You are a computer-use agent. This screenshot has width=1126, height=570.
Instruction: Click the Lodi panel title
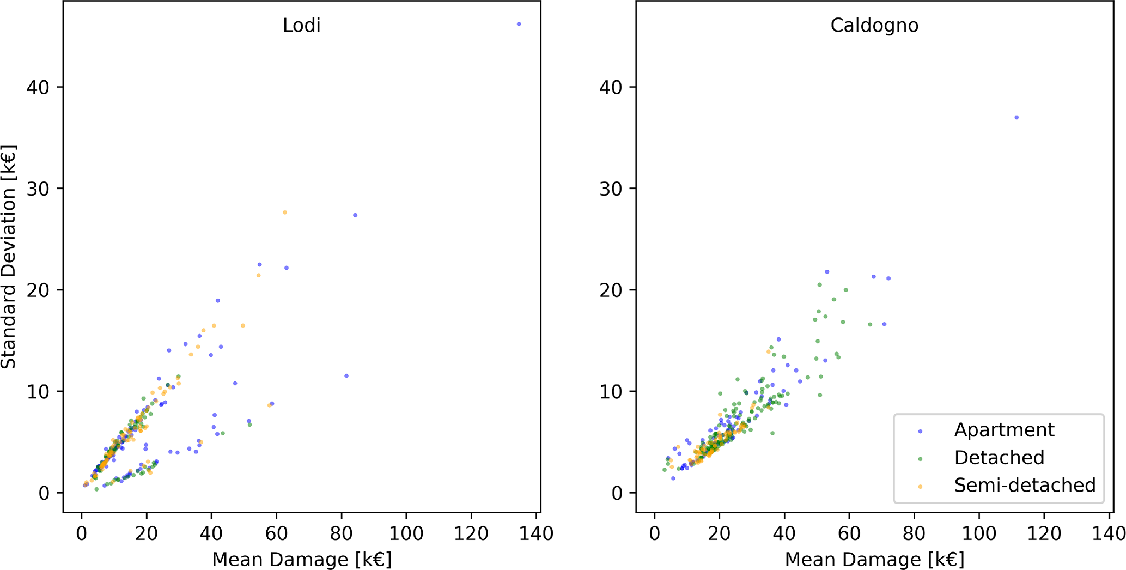[301, 26]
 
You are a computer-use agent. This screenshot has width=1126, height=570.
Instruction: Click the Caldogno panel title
[874, 26]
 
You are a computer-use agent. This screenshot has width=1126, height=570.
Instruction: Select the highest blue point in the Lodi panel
[519, 24]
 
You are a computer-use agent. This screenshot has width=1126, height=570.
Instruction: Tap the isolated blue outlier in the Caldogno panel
[1016, 117]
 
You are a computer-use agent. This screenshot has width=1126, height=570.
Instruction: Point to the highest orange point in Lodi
[284, 213]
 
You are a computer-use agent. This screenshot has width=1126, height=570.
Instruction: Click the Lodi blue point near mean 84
[355, 215]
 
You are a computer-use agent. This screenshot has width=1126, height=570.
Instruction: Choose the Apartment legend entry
[1004, 430]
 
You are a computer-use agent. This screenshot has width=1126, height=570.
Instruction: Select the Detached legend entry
[999, 458]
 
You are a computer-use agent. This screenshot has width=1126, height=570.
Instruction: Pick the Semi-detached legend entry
[1024, 485]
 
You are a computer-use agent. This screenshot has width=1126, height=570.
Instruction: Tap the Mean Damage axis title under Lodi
[302, 560]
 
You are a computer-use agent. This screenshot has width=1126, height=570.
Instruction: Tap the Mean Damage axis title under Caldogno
[874, 560]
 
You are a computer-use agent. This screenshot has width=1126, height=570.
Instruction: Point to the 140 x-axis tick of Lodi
[537, 533]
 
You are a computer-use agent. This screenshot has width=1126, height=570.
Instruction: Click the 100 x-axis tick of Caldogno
[979, 533]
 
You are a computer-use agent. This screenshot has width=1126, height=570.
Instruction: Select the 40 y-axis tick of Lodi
[38, 87]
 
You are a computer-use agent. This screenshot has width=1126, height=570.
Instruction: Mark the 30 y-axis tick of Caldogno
[611, 189]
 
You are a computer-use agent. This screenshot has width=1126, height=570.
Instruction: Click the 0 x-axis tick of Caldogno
[655, 533]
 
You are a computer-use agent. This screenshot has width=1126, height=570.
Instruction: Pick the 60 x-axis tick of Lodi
[277, 533]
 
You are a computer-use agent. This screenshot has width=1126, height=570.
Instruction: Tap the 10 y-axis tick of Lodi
[38, 391]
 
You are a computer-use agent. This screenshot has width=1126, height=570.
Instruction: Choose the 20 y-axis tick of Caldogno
[611, 290]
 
